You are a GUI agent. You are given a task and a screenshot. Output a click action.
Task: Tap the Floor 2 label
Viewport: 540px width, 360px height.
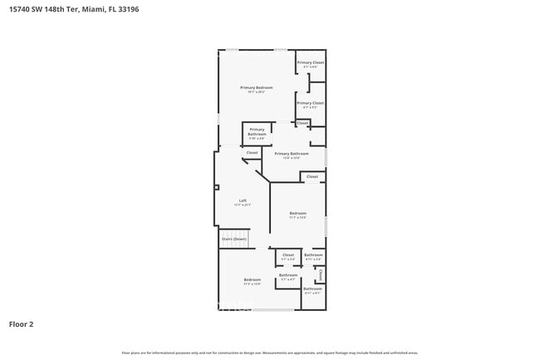[x=21, y=324]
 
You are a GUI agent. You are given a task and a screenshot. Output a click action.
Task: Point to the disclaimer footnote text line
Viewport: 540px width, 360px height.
[x=270, y=353]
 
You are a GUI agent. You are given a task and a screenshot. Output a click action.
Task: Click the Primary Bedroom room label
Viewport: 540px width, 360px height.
[x=256, y=87]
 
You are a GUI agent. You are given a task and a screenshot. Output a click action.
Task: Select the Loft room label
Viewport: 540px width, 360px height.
[x=243, y=200]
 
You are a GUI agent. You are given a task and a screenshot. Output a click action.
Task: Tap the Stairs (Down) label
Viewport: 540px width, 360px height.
[x=233, y=239]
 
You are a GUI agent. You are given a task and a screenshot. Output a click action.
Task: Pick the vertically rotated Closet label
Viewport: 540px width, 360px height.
[x=320, y=274]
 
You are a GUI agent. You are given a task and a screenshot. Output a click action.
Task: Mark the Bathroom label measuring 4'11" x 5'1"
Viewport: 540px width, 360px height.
[x=312, y=289]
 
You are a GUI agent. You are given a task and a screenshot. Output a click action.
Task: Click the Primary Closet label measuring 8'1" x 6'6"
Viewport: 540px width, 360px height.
[x=310, y=62]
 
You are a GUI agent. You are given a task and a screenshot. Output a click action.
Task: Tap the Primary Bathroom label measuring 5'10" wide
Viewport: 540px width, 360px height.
[x=257, y=131]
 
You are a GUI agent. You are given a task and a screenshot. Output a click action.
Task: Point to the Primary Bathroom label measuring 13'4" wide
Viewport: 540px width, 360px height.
[x=292, y=154]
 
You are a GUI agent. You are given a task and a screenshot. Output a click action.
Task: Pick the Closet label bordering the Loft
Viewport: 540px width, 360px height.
[x=252, y=153]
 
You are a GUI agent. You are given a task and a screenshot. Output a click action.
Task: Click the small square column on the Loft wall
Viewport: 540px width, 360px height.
[x=216, y=189]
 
